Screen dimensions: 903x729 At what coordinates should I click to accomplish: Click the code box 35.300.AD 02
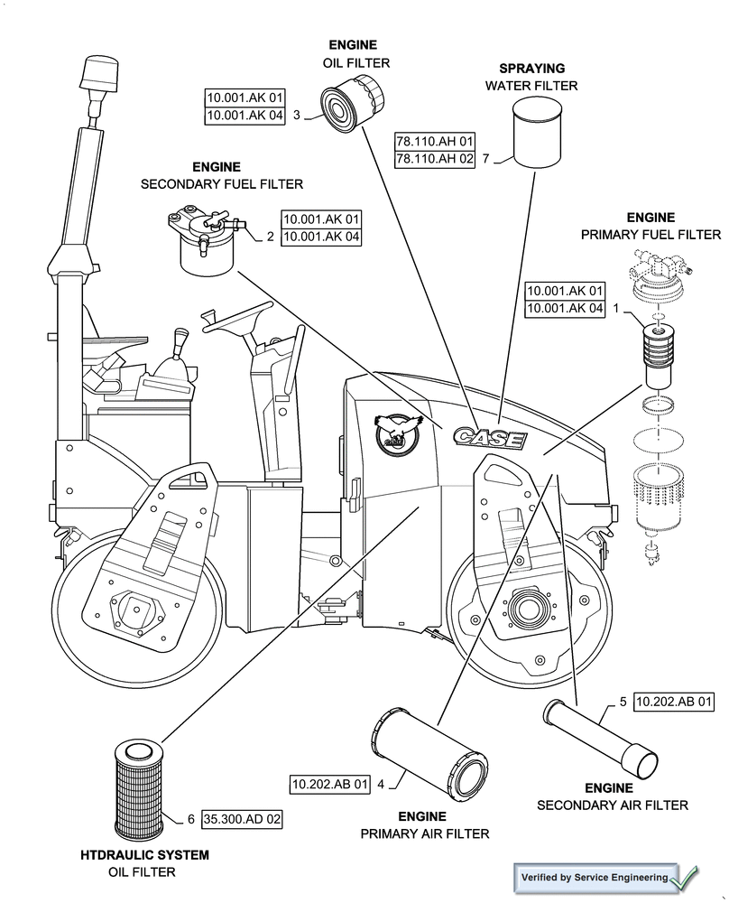click(x=243, y=819)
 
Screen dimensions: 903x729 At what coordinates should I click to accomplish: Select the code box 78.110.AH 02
click(x=435, y=159)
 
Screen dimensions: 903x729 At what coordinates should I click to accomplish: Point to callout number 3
click(x=297, y=115)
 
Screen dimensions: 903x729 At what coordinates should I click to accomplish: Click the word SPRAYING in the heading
click(x=531, y=68)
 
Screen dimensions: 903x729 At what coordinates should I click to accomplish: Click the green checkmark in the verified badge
click(x=684, y=877)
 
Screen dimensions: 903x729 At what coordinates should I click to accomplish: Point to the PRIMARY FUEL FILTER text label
click(x=650, y=235)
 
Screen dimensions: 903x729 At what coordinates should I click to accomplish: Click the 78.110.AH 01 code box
click(x=435, y=142)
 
